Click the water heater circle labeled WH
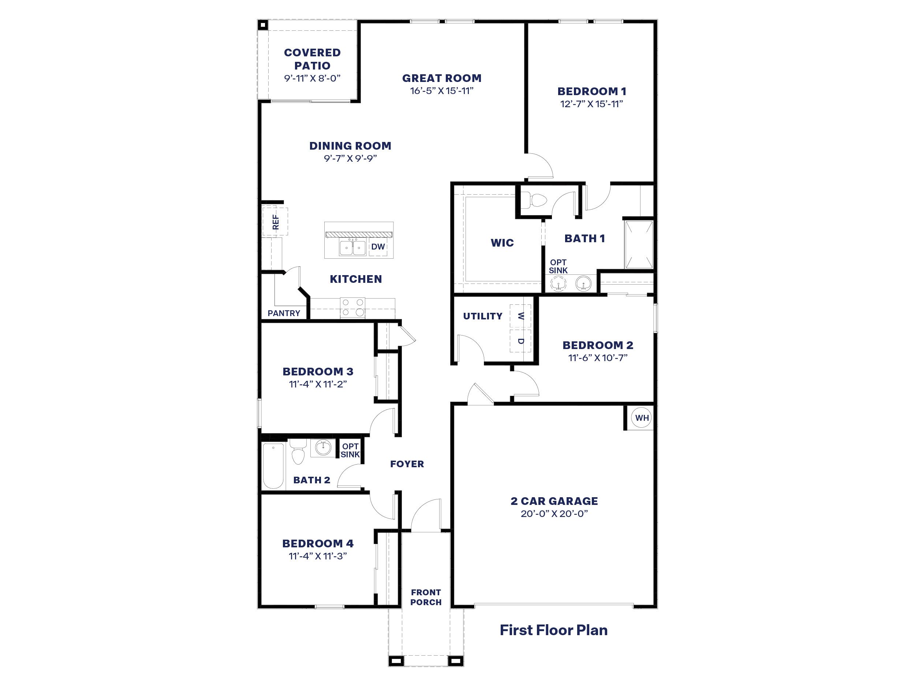(642, 418)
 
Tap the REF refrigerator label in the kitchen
(276, 222)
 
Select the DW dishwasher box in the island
(378, 247)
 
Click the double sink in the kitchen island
(353, 248)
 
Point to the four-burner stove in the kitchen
(353, 308)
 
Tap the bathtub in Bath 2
(273, 466)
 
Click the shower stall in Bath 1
(639, 245)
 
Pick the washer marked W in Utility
(520, 316)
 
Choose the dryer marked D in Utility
(520, 341)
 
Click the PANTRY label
(284, 313)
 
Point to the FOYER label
(407, 464)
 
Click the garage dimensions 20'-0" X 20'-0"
(554, 514)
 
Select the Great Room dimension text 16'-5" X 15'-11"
(442, 91)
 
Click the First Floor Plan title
(553, 630)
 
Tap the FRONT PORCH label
(426, 597)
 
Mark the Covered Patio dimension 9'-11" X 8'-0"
(312, 78)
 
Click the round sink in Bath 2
(323, 447)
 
